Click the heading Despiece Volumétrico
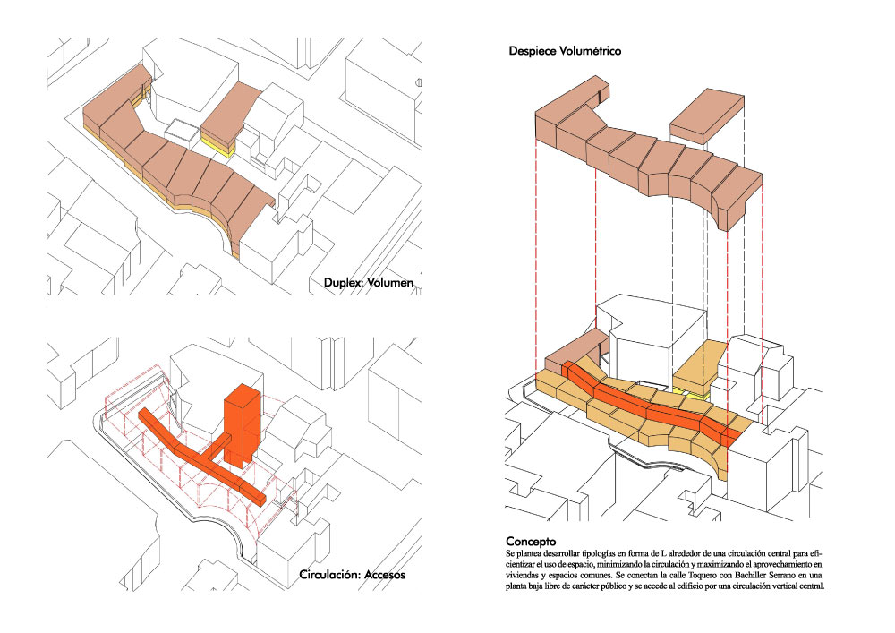pos(565,51)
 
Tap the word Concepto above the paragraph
pos(531,542)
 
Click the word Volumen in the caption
pos(390,283)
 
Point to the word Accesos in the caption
pos(385,574)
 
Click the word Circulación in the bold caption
pos(329,574)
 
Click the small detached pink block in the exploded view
pos(707,115)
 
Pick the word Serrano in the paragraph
pos(780,575)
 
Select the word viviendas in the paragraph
pos(523,575)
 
